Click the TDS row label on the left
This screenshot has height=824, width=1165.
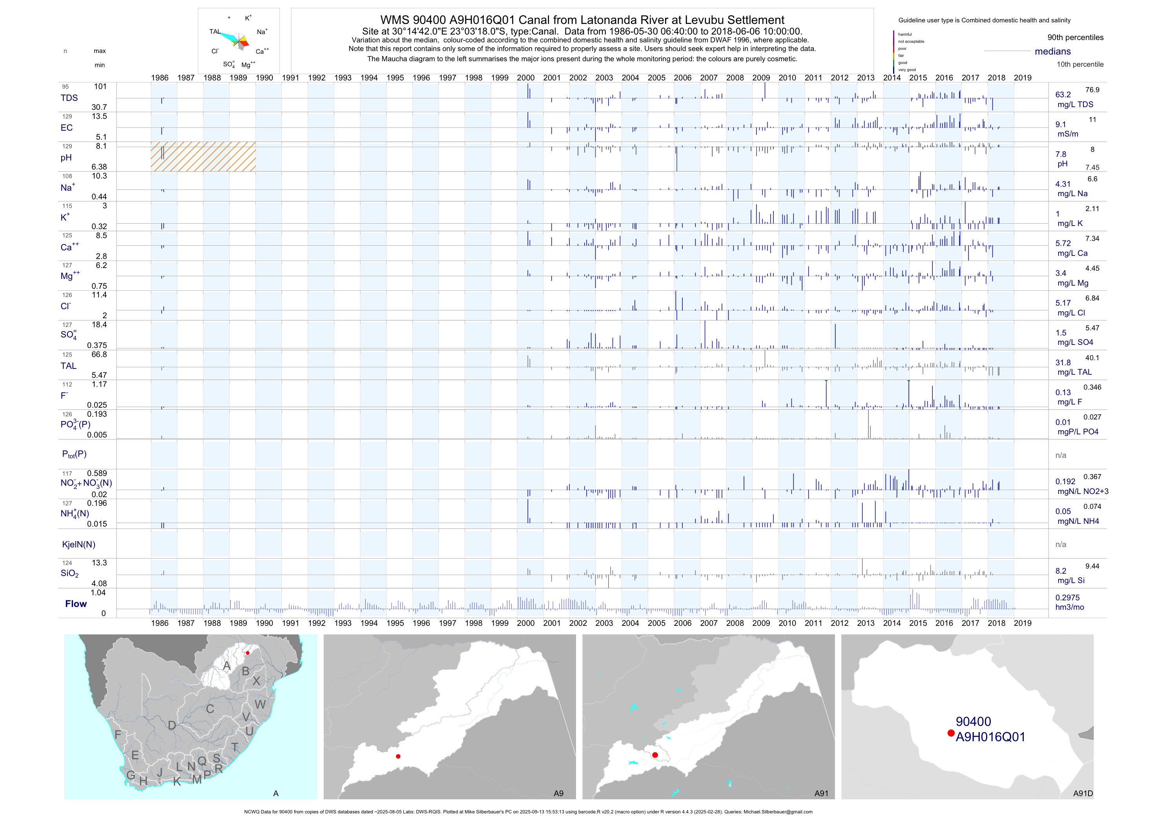(x=69, y=98)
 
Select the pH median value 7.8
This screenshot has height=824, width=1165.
(x=1061, y=154)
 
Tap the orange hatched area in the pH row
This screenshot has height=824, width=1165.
(x=203, y=157)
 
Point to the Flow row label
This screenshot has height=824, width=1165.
(x=76, y=604)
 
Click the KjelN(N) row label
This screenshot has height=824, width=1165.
(x=78, y=545)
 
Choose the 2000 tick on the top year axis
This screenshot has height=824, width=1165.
(x=526, y=78)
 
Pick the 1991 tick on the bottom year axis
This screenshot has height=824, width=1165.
(x=290, y=623)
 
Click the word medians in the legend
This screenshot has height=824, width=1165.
(x=1053, y=51)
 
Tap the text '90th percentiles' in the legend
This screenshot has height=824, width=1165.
(x=1075, y=38)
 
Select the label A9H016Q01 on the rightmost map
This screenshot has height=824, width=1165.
(x=990, y=737)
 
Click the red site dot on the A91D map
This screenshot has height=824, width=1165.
(x=951, y=733)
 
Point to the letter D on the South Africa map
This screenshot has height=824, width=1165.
(x=172, y=726)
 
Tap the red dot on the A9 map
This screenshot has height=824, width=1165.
(x=398, y=757)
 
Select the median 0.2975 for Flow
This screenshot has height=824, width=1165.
(x=1068, y=598)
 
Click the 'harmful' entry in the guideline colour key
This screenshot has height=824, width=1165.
(x=905, y=35)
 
